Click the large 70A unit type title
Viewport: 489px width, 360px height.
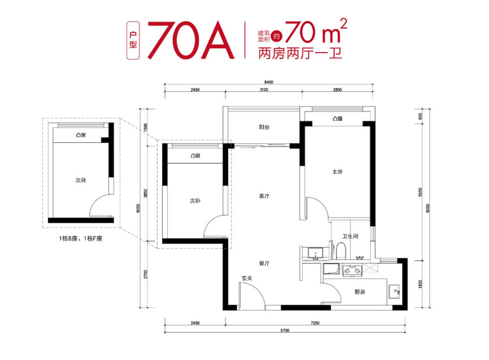tap(191, 40)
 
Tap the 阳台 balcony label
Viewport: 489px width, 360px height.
tap(264, 127)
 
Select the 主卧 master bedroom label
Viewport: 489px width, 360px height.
tap(337, 172)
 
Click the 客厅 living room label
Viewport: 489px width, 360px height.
tap(264, 196)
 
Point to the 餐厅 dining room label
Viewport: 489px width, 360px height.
tap(264, 263)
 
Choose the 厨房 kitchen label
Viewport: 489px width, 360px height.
tap(360, 292)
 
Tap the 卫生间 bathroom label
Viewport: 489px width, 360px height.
tap(350, 236)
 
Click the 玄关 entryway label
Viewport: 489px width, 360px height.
tap(247, 279)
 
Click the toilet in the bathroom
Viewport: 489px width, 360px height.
tap(341, 250)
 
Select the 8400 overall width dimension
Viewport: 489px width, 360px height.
tap(268, 83)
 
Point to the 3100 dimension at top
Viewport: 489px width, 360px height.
tap(264, 90)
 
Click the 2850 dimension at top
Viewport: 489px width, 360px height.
tap(337, 90)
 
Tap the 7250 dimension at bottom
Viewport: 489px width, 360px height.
tap(315, 323)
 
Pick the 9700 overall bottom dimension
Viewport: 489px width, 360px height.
tap(285, 330)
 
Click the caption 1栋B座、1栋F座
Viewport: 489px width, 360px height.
tap(81, 239)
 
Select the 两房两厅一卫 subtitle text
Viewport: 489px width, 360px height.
tap(300, 53)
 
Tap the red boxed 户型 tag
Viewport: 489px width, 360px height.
tap(133, 40)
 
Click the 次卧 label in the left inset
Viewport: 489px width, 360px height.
tap(81, 180)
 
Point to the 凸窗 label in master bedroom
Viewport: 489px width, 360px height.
tap(337, 118)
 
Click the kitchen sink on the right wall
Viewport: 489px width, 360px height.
tap(395, 292)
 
